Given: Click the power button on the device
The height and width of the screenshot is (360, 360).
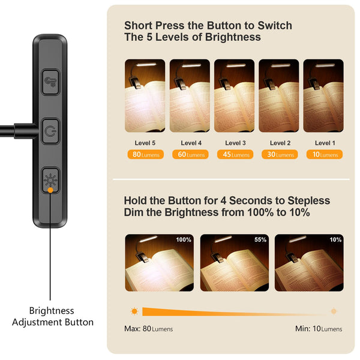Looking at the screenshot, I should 50,128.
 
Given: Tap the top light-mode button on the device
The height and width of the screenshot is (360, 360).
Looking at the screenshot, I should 50,82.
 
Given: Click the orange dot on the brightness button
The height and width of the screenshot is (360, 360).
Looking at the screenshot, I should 50,190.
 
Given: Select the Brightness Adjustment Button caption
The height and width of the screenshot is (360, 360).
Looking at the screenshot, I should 52,316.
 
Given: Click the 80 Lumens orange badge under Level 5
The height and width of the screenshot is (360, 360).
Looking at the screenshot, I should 145,155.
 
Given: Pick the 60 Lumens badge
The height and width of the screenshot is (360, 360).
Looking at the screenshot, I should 190,155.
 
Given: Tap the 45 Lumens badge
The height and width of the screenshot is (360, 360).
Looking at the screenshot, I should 235,155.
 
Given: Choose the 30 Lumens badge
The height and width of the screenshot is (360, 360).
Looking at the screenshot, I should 279,155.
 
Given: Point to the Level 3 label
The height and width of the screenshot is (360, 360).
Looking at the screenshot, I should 235,143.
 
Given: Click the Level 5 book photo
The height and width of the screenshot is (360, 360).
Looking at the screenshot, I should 145,95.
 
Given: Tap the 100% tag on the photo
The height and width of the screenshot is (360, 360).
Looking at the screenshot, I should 183,240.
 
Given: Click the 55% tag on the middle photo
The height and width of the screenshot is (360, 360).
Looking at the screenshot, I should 260,240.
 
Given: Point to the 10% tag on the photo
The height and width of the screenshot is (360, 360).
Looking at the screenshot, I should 335,240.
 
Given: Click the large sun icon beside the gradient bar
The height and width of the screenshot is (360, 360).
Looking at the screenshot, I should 134,311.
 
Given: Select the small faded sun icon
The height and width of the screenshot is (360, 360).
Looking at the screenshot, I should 333,311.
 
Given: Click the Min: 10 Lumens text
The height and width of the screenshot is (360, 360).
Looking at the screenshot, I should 319,329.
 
